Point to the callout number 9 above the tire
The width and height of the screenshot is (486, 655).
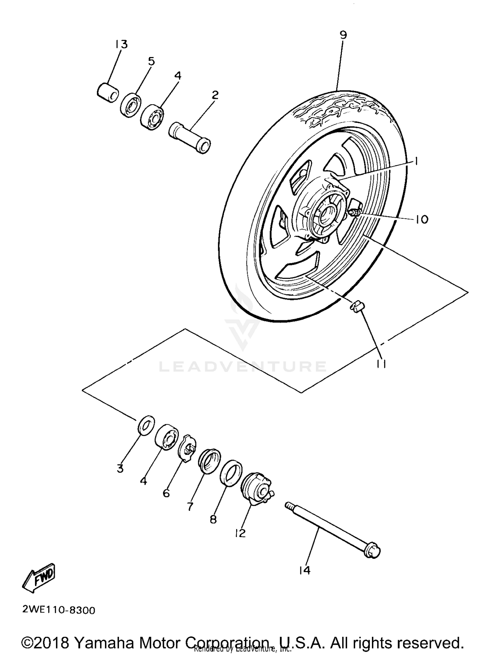343,35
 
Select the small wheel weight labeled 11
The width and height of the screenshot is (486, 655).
357,306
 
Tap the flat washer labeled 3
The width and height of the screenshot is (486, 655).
146,425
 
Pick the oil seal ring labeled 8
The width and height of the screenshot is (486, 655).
231,473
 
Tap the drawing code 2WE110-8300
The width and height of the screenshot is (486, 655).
59,611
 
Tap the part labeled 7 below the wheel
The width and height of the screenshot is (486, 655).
209,459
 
